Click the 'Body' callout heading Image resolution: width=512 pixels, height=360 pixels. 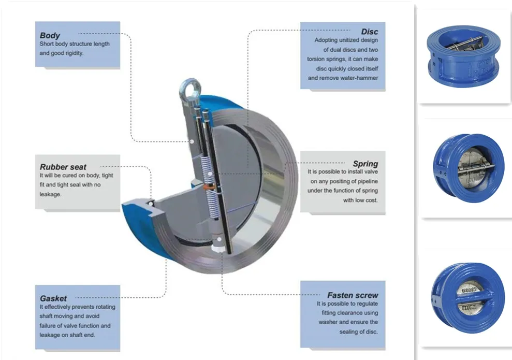[x=50, y=36]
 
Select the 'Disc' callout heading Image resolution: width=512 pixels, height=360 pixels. [x=369, y=32]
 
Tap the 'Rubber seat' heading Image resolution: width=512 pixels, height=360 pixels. [x=63, y=167]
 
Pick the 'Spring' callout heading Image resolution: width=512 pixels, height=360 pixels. [x=365, y=164]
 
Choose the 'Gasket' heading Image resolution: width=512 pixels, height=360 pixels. [x=53, y=298]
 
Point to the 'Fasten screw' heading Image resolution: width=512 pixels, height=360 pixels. [x=353, y=295]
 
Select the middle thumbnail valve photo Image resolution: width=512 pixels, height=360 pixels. [x=464, y=165]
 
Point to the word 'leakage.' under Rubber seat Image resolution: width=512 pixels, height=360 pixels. [x=50, y=195]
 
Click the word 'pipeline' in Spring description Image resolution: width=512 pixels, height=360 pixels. [x=367, y=181]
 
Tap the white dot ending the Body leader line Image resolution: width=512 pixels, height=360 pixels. [x=191, y=141]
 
